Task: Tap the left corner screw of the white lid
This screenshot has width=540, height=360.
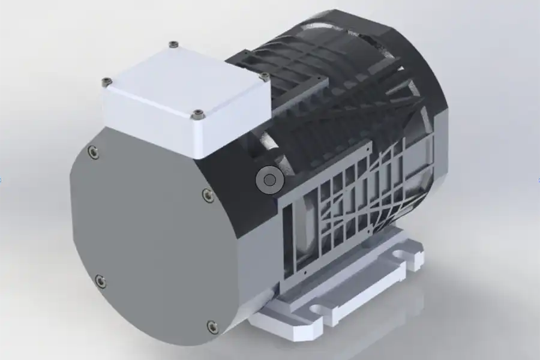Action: click(x=107, y=81)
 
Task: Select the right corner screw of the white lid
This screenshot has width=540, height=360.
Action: click(x=264, y=76)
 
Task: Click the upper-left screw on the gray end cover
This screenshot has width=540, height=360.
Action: click(x=92, y=152)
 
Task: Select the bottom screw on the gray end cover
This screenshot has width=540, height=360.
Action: click(x=212, y=326)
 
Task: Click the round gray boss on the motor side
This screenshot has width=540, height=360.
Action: click(x=269, y=180)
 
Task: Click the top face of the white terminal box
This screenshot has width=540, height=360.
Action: click(x=183, y=78)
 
